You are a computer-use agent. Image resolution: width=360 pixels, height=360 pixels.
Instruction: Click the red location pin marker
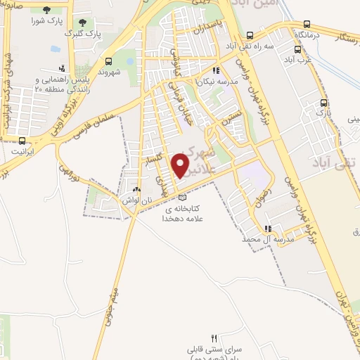pyautogui.click(x=181, y=166)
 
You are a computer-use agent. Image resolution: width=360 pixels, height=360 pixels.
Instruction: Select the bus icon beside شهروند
pyautogui.click(x=108, y=61)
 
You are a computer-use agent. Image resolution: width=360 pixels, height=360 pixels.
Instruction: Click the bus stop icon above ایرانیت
pyautogui.click(x=22, y=141)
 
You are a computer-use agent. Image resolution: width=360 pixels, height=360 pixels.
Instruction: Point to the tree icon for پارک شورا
pyautogui.click(x=46, y=11)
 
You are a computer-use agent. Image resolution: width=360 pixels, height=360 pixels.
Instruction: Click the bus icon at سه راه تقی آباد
pyautogui.click(x=250, y=36)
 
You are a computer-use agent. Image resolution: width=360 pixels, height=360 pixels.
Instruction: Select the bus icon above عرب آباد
pyautogui.click(x=297, y=49)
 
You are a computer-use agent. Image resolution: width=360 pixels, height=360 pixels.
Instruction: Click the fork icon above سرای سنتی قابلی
pyautogui.click(x=215, y=338)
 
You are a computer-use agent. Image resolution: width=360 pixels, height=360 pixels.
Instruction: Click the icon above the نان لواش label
pyautogui.click(x=136, y=190)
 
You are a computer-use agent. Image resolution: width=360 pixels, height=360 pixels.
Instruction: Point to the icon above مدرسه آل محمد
pyautogui.click(x=267, y=229)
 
